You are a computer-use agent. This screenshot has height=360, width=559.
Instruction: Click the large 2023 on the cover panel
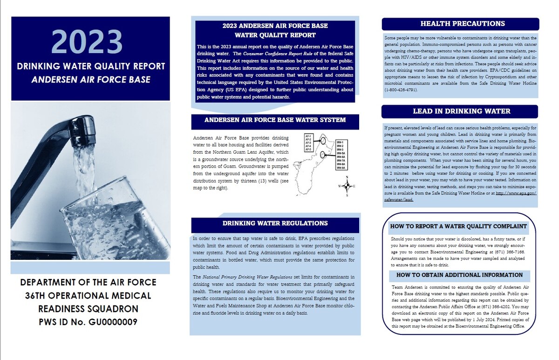[x=90, y=41]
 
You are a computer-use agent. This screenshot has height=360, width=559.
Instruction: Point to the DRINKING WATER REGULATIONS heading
[x=275, y=224]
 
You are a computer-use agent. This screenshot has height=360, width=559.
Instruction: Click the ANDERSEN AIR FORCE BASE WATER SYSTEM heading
[x=275, y=120]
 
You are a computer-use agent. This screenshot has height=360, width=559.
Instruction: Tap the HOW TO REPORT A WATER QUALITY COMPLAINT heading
[x=459, y=227]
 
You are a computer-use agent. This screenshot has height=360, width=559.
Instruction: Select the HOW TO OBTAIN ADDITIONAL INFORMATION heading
[x=459, y=275]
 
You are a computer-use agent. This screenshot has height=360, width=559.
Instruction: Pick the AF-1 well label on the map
[x=308, y=136]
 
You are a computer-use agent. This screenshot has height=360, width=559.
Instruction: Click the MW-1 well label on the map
[x=340, y=142]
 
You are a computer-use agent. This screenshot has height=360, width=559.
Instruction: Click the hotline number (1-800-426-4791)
[x=404, y=89]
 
